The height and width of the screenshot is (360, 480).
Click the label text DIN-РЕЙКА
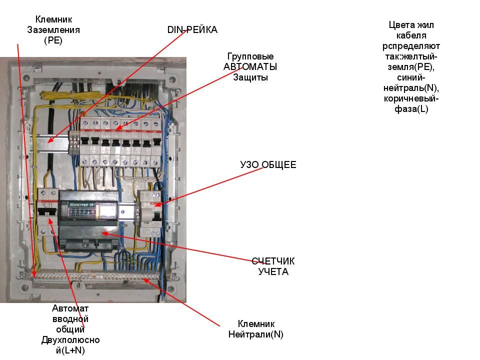coord(192,30)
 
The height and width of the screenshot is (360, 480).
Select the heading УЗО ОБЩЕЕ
coord(268,164)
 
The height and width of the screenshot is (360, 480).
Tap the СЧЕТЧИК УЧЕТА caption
coord(273,266)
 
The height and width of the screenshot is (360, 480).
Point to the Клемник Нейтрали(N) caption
coord(255,329)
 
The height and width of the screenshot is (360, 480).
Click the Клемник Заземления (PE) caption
coord(53,30)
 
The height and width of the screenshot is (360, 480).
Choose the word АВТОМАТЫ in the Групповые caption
coord(250,67)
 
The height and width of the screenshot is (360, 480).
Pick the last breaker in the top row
coord(156,142)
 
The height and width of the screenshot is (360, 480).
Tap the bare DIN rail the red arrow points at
coord(50,142)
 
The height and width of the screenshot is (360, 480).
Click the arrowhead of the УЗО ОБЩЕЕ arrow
coord(155,205)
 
